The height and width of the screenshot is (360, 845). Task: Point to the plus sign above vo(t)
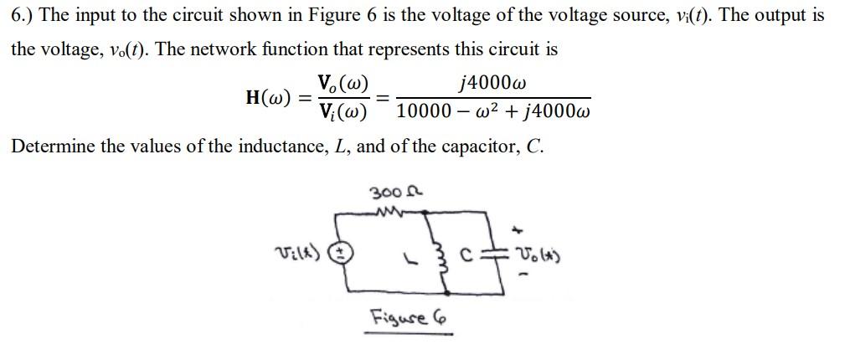tap(524, 227)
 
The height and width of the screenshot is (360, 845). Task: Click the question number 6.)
tap(21, 16)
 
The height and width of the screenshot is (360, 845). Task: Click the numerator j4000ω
tap(493, 83)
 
